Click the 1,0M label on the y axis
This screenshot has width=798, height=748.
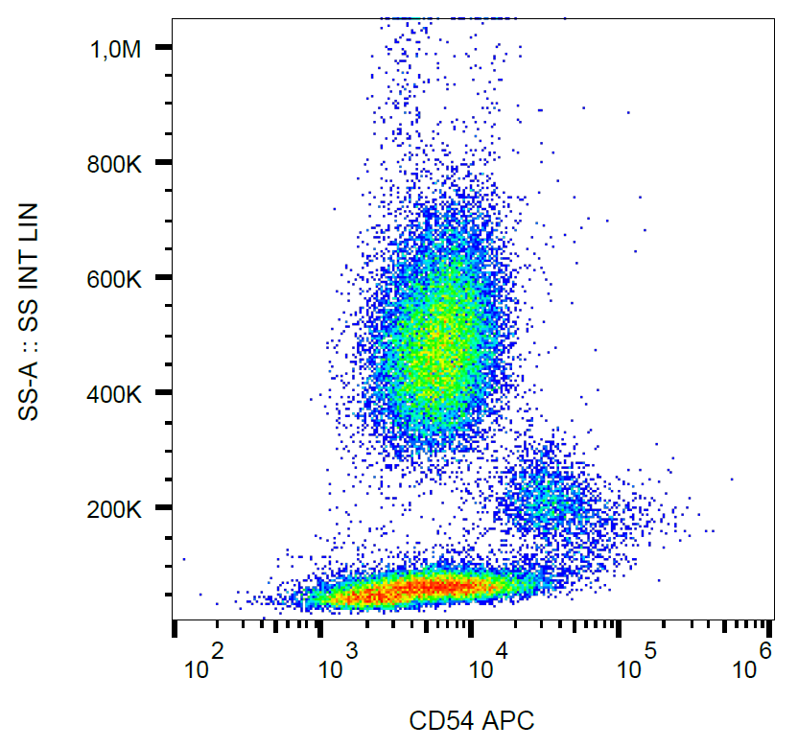pos(114,49)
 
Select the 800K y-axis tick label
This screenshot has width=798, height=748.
pos(114,164)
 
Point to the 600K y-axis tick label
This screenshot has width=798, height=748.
pos(114,279)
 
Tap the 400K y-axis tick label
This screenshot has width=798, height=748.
pos(114,393)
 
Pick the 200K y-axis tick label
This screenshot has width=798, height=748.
pos(114,508)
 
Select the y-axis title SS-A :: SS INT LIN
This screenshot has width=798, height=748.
pos(30,312)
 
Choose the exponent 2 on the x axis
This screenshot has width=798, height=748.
pos(218,652)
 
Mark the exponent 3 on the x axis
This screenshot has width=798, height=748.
pos(353,652)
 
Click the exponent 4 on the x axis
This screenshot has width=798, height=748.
pos(503,652)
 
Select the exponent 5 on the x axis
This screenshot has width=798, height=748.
pos(651,652)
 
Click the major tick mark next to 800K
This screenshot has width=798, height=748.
pos(164,163)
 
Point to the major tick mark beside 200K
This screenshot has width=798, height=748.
pos(164,507)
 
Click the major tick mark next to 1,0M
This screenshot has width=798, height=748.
pos(164,48)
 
